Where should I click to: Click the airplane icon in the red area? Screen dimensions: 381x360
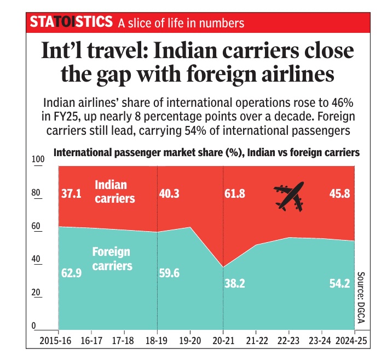289,196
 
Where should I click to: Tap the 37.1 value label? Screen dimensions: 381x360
71,194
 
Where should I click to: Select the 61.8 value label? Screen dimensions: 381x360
235,194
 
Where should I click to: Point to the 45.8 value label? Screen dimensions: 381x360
340,194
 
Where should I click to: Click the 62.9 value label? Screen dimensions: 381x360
71,273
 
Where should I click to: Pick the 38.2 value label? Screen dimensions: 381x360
235,284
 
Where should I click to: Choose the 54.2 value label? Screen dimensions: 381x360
340,284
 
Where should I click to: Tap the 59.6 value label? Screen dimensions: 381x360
169,273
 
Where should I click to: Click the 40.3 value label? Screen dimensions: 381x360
169,194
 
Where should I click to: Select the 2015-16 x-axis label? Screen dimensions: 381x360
55,341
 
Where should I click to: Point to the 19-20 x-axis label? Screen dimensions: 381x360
190,341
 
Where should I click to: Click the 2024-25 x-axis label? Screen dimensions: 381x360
351,341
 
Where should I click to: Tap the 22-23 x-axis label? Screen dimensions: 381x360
288,341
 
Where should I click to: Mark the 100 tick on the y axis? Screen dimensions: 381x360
38,159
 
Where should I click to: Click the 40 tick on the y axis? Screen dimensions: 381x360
36,259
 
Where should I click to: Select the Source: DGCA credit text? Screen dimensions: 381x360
361,298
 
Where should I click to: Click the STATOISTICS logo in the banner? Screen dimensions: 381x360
71,21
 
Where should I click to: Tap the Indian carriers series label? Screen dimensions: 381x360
115,192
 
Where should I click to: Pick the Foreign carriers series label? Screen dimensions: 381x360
112,259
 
